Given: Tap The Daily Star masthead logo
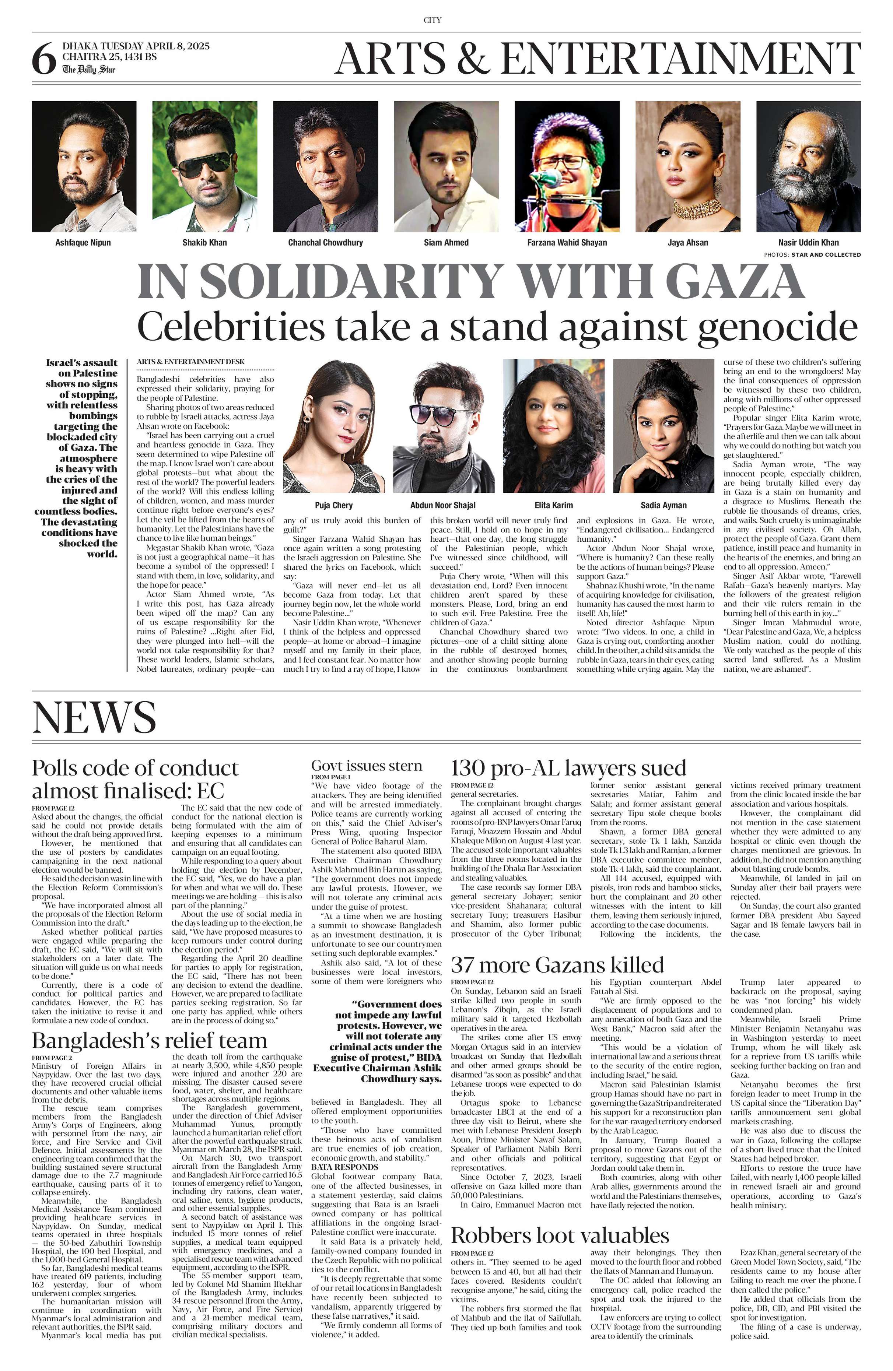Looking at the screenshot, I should point(89,69).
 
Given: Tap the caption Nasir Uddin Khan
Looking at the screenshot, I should point(808,243).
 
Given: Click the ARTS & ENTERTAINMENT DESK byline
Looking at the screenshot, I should point(191,362).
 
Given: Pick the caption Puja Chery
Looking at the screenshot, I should point(333,505).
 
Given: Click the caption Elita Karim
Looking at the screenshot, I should point(554,505).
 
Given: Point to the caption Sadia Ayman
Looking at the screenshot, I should point(664,505).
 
